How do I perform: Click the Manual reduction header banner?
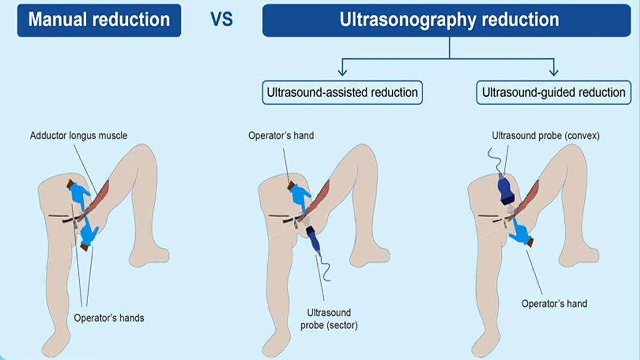[x=99, y=20]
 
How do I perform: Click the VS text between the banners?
[x=221, y=20]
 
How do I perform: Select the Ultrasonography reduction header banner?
[x=449, y=20]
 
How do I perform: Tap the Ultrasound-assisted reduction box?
[x=342, y=92]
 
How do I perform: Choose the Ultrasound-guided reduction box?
[x=554, y=92]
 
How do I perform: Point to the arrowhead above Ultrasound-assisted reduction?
[x=342, y=71]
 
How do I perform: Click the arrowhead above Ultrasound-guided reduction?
[x=554, y=71]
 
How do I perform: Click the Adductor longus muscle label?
[x=78, y=135]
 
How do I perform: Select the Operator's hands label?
[x=109, y=318]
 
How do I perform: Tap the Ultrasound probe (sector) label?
[x=329, y=318]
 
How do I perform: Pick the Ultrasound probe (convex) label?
[x=546, y=135]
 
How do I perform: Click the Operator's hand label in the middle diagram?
[x=281, y=135]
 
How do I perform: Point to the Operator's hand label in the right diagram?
[x=554, y=303]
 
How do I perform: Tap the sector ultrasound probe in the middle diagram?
[x=315, y=241]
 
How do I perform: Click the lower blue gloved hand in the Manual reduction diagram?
[x=89, y=235]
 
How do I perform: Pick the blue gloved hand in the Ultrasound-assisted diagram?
[x=300, y=196]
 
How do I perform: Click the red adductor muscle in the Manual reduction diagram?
[x=100, y=195]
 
